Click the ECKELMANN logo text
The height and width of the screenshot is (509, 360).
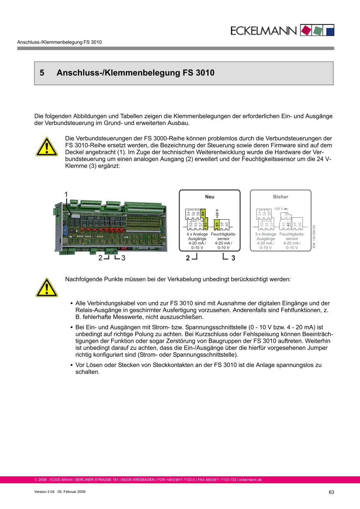tap(264, 31)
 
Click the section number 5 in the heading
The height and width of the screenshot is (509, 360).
tap(42, 73)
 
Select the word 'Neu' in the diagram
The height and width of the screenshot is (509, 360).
tap(209, 197)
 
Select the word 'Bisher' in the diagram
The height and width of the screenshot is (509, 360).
tap(280, 197)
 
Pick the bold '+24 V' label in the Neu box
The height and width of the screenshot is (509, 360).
tap(217, 213)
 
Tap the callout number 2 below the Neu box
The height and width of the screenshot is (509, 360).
tap(188, 258)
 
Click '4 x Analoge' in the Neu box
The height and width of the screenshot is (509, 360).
tap(197, 234)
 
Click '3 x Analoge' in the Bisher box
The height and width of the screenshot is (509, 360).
tap(266, 234)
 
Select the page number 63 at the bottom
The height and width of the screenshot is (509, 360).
tap(331, 492)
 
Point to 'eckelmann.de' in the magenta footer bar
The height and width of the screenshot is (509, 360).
tap(251, 480)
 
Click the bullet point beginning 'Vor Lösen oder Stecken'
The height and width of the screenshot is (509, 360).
tap(72, 365)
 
